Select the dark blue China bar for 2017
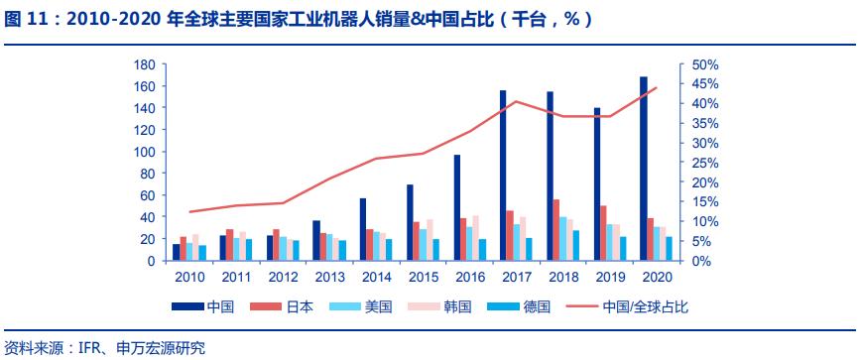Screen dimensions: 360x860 click(x=503, y=176)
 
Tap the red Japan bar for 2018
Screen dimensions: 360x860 click(x=556, y=230)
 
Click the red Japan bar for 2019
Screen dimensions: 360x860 click(x=603, y=233)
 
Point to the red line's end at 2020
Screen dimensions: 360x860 click(x=657, y=87)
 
